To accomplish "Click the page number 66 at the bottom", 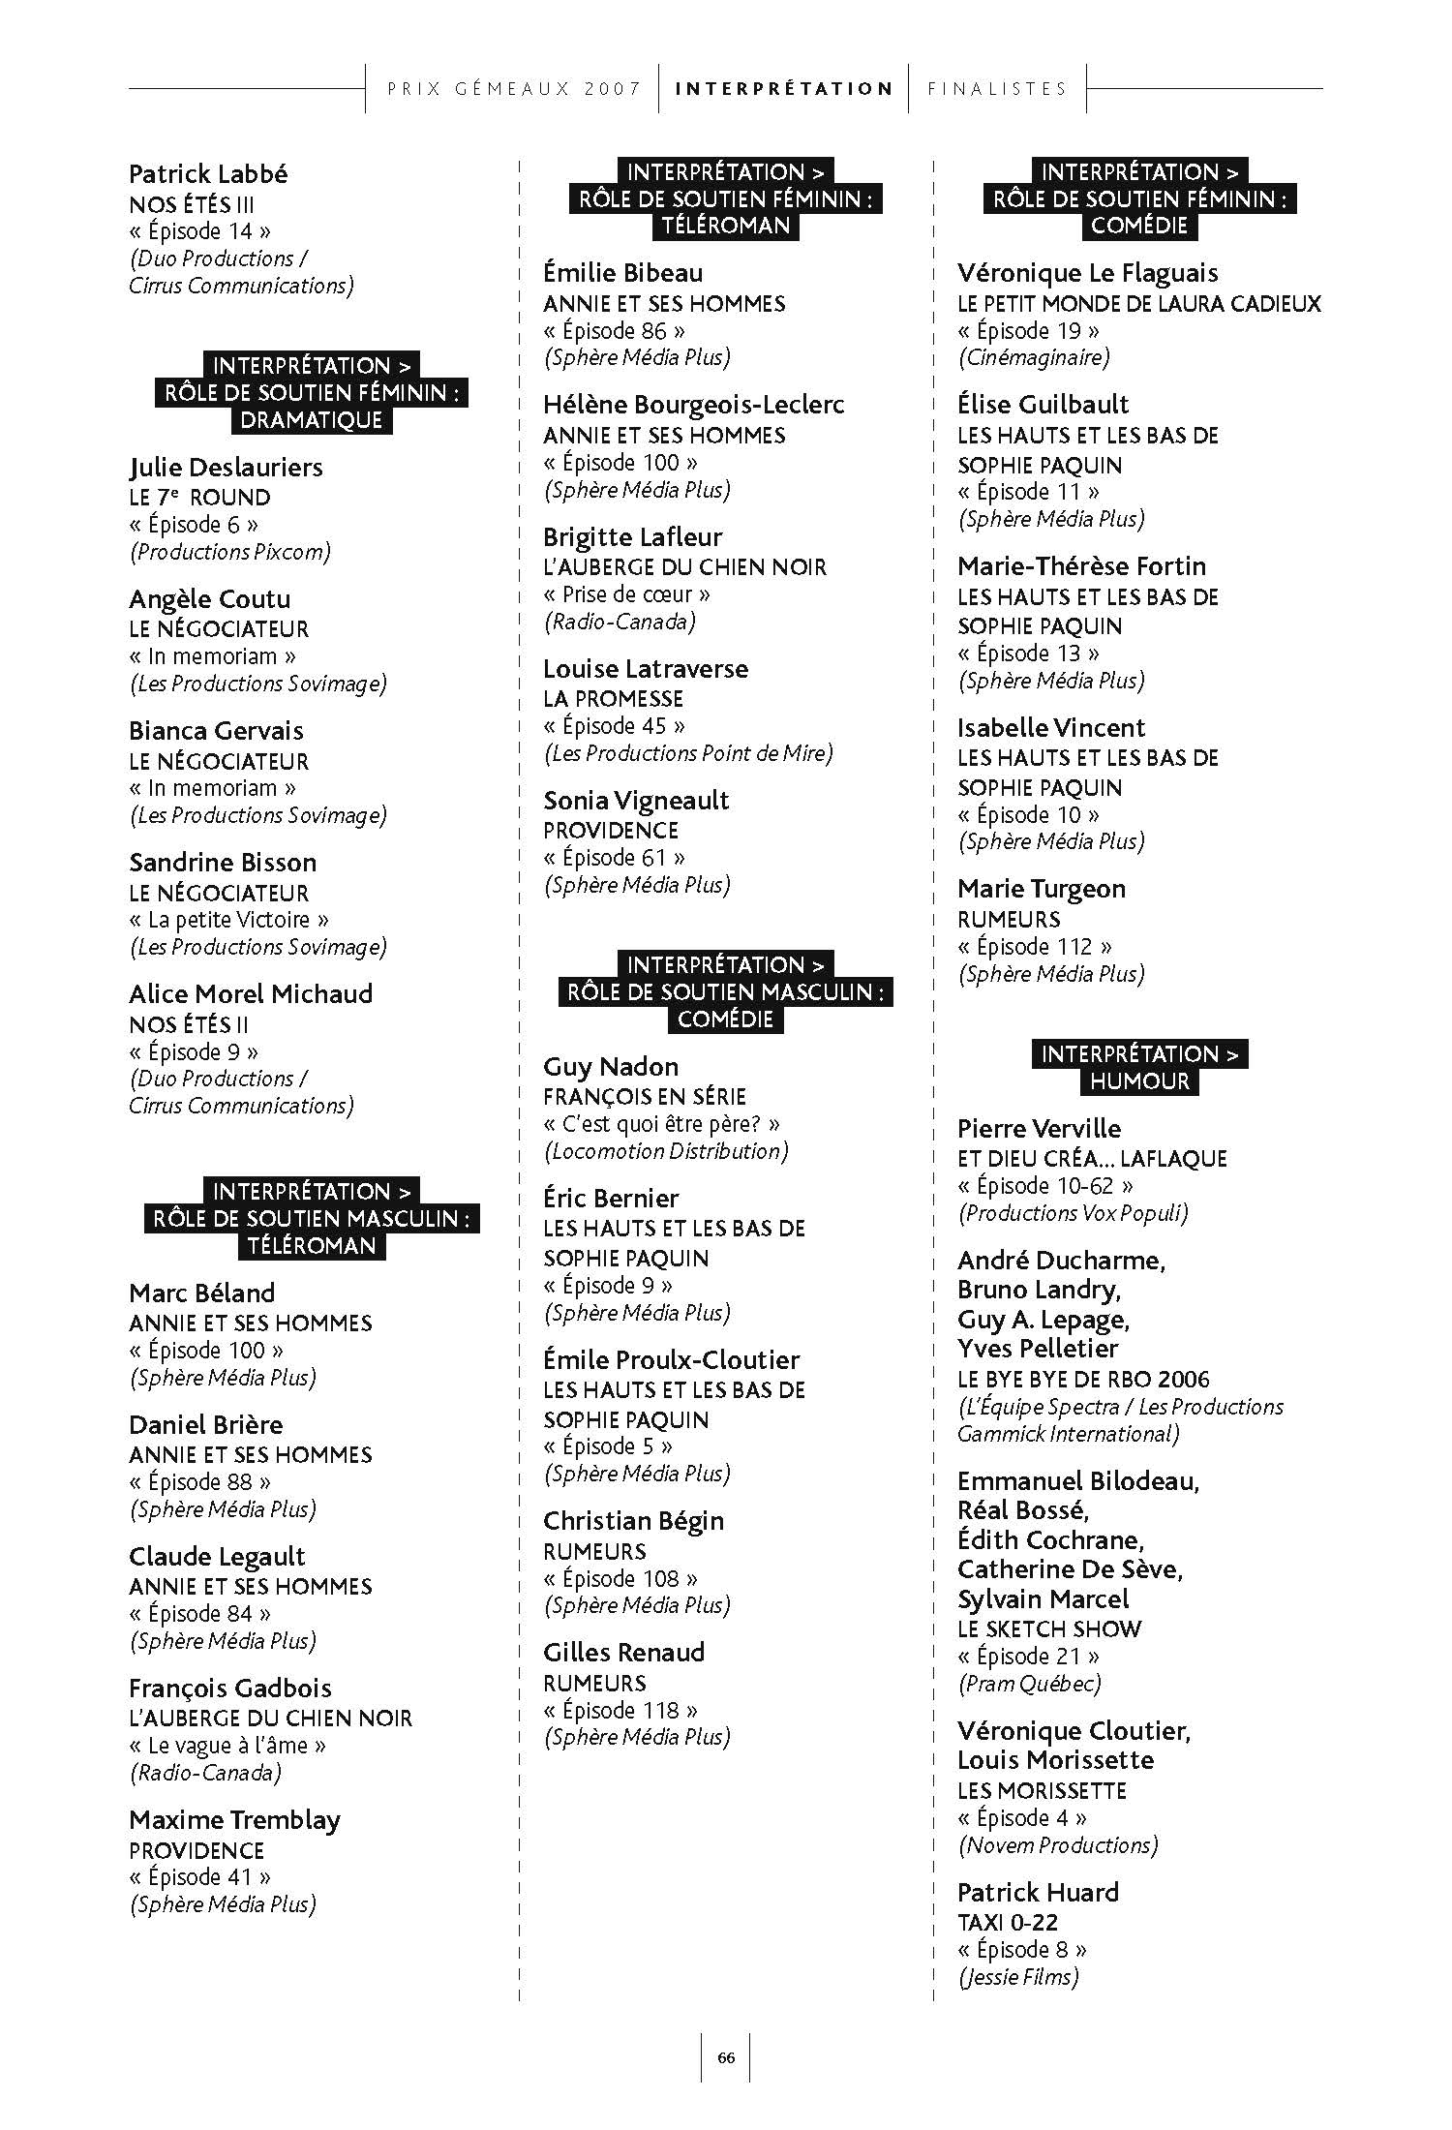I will [x=726, y=2057].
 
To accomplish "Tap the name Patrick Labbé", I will [x=208, y=174].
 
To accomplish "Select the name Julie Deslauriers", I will [x=226, y=468].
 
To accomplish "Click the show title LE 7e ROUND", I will [x=199, y=498].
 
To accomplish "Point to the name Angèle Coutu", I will [x=209, y=599].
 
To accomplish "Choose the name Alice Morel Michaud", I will [x=251, y=994].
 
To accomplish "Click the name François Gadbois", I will [x=230, y=1689].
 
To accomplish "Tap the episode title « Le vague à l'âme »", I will [x=227, y=1746].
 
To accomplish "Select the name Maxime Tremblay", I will [x=234, y=1820].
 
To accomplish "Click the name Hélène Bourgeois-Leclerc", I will [x=693, y=405].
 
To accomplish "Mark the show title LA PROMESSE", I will [x=613, y=699].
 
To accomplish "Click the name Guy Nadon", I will [x=611, y=1067].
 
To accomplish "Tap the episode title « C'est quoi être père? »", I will [x=661, y=1124].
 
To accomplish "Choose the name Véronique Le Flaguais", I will [x=1087, y=273].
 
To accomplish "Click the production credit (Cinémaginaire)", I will [x=1034, y=357].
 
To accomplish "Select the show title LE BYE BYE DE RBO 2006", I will [x=1083, y=1380].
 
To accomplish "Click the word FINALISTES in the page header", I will [x=997, y=89].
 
